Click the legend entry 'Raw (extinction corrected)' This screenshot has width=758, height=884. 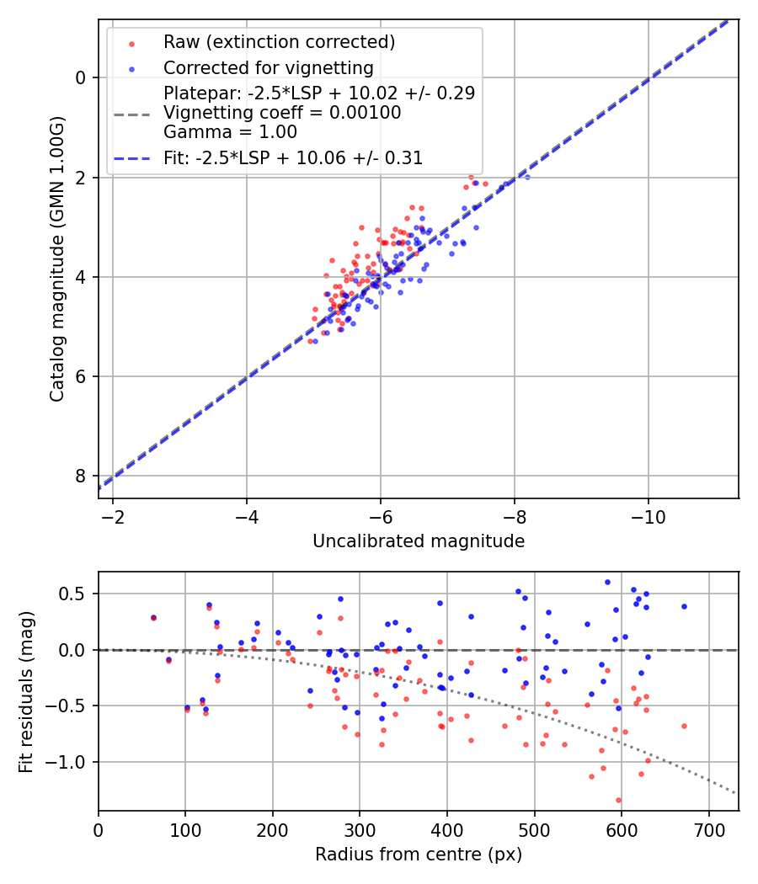point(279,42)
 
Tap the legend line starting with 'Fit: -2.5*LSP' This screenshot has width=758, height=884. point(293,157)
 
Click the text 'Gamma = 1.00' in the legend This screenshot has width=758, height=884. point(230,131)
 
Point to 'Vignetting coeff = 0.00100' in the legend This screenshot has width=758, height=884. point(282,112)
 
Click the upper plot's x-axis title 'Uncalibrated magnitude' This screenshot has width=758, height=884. point(419,541)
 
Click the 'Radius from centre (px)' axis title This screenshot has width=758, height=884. point(419,855)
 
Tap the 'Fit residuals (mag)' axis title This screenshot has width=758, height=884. point(26,690)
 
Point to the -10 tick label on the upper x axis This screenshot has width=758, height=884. point(648,515)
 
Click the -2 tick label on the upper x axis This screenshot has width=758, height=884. point(113,515)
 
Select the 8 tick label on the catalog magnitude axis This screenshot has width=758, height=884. point(81,477)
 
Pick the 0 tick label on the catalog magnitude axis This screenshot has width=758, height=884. point(81,77)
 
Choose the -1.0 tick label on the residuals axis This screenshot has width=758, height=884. point(71,762)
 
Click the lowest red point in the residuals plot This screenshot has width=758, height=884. point(618,800)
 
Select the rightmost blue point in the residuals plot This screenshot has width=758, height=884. point(684,606)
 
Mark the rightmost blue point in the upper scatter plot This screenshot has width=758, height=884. point(527,177)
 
